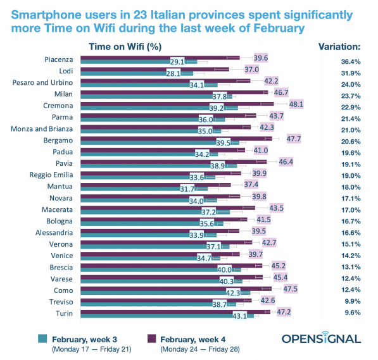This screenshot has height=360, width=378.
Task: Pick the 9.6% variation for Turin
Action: point(347,312)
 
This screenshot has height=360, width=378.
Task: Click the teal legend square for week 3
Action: point(43,339)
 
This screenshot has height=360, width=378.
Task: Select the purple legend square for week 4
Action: point(152,339)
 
